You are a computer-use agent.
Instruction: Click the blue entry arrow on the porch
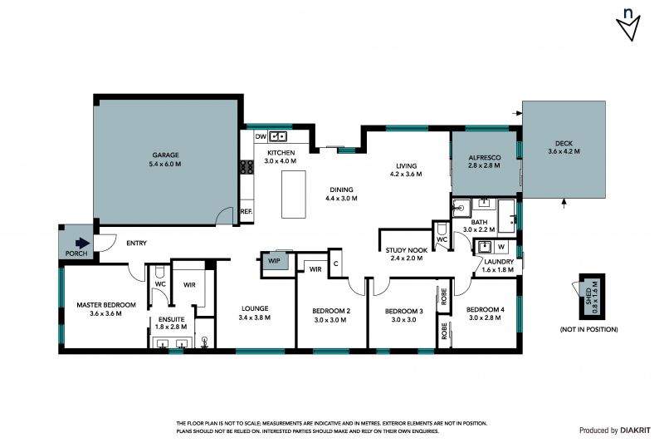[x=82, y=243]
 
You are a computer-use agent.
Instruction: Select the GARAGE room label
[x=165, y=155]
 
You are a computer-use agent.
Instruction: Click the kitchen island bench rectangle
[x=294, y=194]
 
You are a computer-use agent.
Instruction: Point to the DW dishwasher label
[x=261, y=136]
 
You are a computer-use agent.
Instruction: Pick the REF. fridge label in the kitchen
[x=247, y=211]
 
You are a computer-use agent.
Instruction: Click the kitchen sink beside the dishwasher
[x=278, y=136]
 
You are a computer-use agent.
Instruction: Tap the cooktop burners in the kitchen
[x=247, y=167]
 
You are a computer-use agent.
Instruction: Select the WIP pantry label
[x=275, y=261]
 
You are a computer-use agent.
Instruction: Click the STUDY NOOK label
[x=407, y=250]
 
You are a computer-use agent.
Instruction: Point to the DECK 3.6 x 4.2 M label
[x=564, y=147]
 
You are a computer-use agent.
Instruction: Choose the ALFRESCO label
[x=485, y=157]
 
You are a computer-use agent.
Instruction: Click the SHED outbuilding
[x=592, y=297]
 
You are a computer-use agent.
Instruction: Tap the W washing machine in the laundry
[x=501, y=247]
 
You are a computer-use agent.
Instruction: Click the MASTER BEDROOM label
[x=106, y=304]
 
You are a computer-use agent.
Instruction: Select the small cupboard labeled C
[x=335, y=263]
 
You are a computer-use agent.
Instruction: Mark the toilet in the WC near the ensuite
[x=160, y=271]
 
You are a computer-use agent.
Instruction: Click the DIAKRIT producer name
[x=635, y=431]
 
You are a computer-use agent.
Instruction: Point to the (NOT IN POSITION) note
[x=588, y=329]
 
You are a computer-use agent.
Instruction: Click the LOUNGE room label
[x=255, y=308]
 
